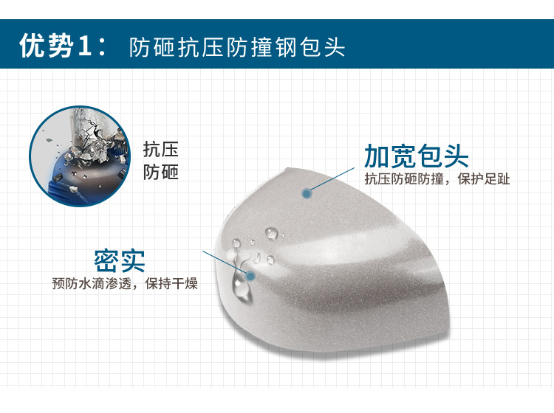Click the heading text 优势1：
[63, 46]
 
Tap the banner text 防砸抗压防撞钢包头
[236, 47]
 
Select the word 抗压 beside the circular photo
[161, 150]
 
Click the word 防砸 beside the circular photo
[161, 172]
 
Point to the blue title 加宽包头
[417, 156]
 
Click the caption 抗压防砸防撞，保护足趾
[437, 178]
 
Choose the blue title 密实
[120, 261]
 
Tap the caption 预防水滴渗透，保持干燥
[125, 283]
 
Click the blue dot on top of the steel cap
[307, 193]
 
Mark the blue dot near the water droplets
[250, 276]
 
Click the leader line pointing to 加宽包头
[331, 181]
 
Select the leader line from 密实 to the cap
[226, 263]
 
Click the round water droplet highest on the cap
[271, 233]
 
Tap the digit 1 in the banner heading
[84, 46]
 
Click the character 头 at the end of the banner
[335, 47]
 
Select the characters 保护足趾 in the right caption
[484, 178]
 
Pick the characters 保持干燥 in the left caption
[171, 283]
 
